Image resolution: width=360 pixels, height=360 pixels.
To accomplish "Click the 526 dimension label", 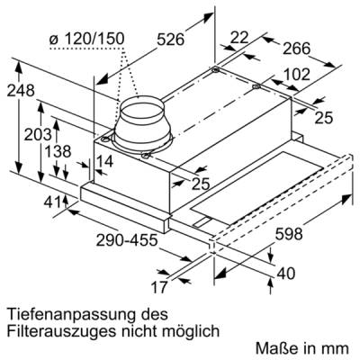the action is (170, 40).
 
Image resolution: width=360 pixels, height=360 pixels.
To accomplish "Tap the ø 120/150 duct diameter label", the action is (87, 40).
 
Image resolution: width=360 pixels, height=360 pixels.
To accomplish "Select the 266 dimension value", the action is (297, 49).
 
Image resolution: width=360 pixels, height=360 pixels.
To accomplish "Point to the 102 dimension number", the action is (296, 75).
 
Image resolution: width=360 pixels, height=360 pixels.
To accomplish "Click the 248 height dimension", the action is (21, 91).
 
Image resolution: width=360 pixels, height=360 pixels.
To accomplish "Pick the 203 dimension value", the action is (38, 135).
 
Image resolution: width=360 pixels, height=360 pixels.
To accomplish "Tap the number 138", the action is (58, 152).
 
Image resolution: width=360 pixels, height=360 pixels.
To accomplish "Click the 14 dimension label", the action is (104, 161).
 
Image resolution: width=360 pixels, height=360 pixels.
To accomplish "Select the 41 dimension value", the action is (52, 202).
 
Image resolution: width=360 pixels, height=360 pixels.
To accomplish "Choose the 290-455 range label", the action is (127, 240).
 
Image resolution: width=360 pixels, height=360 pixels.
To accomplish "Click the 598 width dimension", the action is (289, 234).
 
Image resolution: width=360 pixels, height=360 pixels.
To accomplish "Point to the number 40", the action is (286, 274).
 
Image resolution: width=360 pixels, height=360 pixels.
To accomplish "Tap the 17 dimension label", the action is (158, 288).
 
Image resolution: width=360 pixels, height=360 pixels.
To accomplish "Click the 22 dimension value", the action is (239, 38).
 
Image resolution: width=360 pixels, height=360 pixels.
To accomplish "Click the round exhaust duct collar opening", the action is (142, 107).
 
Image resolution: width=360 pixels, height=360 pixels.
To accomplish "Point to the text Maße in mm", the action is (302, 348).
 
